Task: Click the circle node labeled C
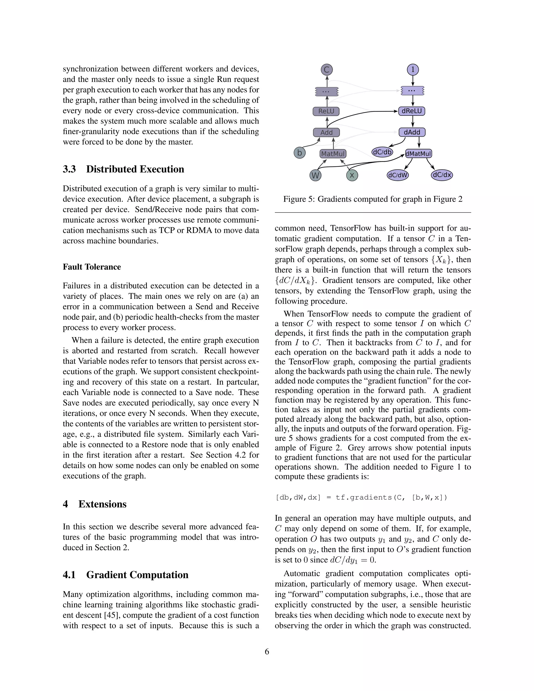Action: click(327, 70)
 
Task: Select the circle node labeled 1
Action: click(412, 70)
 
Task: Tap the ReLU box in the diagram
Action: click(326, 111)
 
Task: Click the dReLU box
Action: click(411, 111)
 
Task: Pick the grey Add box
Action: click(326, 132)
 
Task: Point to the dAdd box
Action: click(412, 132)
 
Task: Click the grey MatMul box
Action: click(333, 154)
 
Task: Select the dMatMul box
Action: click(418, 154)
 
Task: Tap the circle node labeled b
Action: click(299, 153)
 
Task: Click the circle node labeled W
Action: click(315, 175)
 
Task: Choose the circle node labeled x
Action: click(352, 175)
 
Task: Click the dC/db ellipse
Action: click(382, 152)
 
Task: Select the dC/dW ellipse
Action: click(398, 175)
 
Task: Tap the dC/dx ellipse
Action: click(442, 175)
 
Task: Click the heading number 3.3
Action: click(69, 169)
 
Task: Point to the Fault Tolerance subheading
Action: click(92, 267)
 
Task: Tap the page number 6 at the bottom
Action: click(267, 652)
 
